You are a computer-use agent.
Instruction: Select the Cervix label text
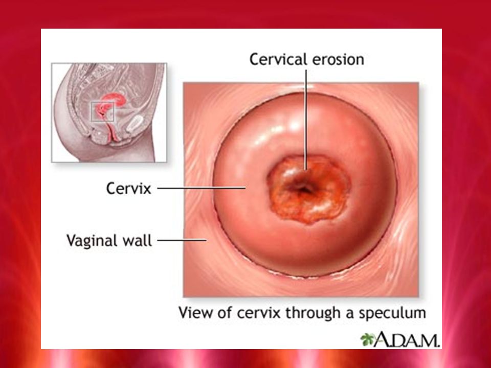(129, 189)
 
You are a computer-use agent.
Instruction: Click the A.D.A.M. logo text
(407, 339)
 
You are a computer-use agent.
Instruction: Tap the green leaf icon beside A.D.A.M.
(367, 339)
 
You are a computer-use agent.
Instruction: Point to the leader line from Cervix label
(202, 188)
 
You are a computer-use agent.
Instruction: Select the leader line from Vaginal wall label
(182, 240)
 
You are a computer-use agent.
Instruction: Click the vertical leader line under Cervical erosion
(306, 120)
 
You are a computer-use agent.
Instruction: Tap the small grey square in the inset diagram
(102, 111)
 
